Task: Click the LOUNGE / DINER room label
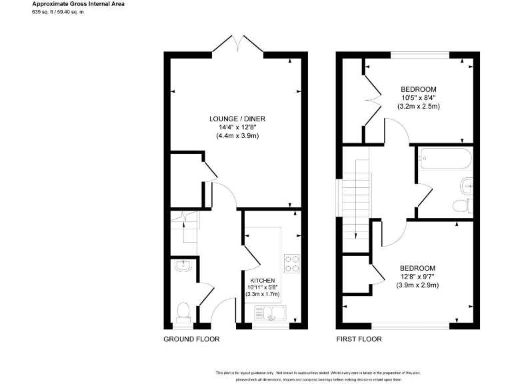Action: pos(237,119)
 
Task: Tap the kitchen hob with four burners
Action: pos(291,263)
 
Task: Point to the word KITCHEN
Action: pos(263,280)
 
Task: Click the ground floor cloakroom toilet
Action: pos(183,311)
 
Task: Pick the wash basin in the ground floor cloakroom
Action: pos(181,267)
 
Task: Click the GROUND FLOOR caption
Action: pos(191,339)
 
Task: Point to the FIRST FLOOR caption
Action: pos(359,339)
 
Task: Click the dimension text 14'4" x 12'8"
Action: pos(237,127)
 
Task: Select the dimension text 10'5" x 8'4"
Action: pos(418,98)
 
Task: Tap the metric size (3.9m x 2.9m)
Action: pos(418,285)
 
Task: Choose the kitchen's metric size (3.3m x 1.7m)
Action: pos(263,294)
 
